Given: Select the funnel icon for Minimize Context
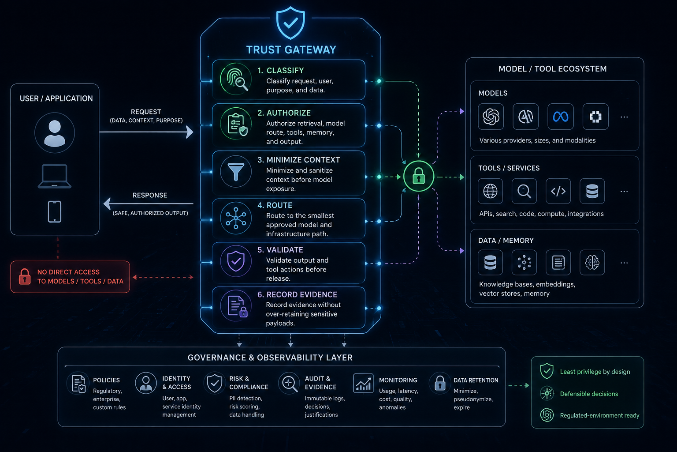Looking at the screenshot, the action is pyautogui.click(x=236, y=172).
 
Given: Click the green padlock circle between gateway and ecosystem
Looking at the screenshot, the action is pyautogui.click(x=419, y=176).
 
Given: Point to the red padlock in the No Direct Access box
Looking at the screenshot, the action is pyautogui.click(x=25, y=276).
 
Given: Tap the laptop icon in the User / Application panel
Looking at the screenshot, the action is pyautogui.click(x=54, y=176).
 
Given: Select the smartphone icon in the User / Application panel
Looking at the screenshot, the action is pyautogui.click(x=54, y=211).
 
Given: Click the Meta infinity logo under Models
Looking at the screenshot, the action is pyautogui.click(x=560, y=117).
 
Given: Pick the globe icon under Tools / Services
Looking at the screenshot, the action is pyautogui.click(x=490, y=191).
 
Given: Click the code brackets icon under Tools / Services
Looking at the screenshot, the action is pyautogui.click(x=558, y=191).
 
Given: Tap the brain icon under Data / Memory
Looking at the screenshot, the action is pyautogui.click(x=592, y=263).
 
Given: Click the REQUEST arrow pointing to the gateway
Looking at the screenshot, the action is pyautogui.click(x=146, y=132).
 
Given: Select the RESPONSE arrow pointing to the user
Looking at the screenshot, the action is pyautogui.click(x=148, y=204).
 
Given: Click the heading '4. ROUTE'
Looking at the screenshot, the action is pyautogui.click(x=275, y=205).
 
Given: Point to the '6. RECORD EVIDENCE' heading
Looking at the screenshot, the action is pyautogui.click(x=297, y=294).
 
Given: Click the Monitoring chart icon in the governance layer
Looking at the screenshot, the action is pyautogui.click(x=363, y=383).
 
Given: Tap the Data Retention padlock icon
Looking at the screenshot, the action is pyautogui.click(x=440, y=383).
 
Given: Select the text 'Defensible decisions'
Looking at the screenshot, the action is pyautogui.click(x=589, y=394).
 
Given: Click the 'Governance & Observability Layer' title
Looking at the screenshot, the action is pyautogui.click(x=270, y=358).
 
